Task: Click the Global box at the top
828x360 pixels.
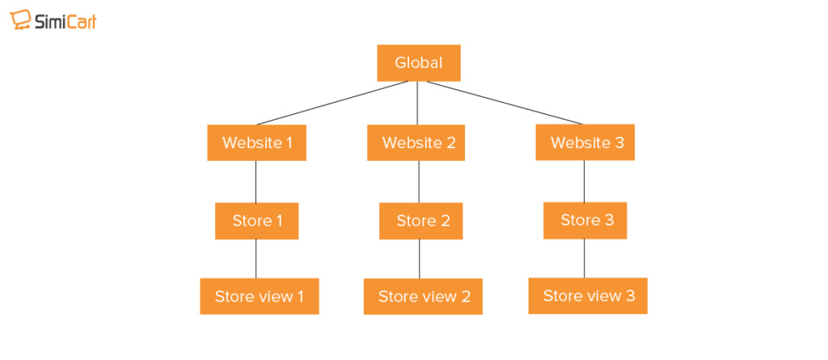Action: click(x=419, y=63)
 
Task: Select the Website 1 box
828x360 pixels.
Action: click(x=257, y=143)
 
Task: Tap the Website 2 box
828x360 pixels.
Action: click(x=419, y=143)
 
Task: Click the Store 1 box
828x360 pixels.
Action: click(x=257, y=221)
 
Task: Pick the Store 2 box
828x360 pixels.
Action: click(x=421, y=221)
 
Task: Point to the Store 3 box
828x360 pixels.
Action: click(x=585, y=220)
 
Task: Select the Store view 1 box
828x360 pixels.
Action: click(x=260, y=296)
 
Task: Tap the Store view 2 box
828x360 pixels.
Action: click(x=424, y=297)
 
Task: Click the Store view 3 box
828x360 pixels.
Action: click(x=588, y=296)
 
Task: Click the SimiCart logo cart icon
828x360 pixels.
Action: click(x=19, y=21)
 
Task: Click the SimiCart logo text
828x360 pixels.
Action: click(x=65, y=22)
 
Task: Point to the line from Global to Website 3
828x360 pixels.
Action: click(x=501, y=103)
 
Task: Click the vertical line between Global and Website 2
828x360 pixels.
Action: click(x=418, y=103)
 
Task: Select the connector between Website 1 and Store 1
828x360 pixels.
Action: click(x=256, y=182)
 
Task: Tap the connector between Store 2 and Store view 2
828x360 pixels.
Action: click(x=419, y=259)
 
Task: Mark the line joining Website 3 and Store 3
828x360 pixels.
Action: click(x=585, y=181)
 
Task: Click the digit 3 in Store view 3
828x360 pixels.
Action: click(x=629, y=296)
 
